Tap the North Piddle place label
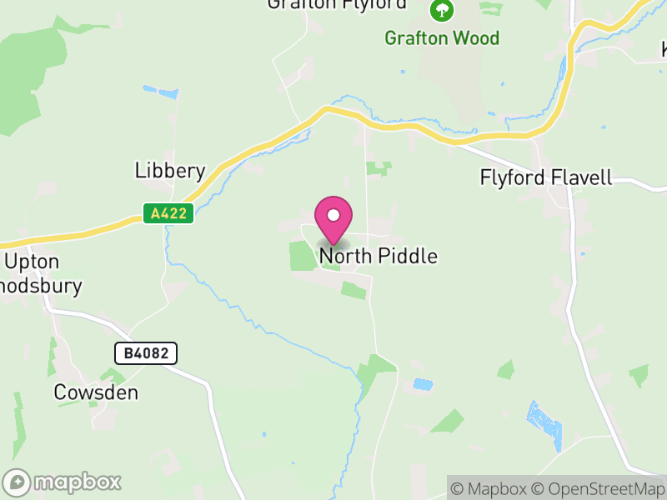[378, 256]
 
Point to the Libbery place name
[170, 171]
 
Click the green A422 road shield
[168, 214]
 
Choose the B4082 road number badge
[146, 353]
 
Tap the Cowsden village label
[96, 392]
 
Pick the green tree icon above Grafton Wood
[441, 11]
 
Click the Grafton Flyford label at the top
[337, 4]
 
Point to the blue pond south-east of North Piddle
[424, 385]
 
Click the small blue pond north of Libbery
[160, 92]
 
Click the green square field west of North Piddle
[301, 255]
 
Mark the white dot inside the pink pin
[333, 215]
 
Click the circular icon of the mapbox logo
[18, 482]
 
